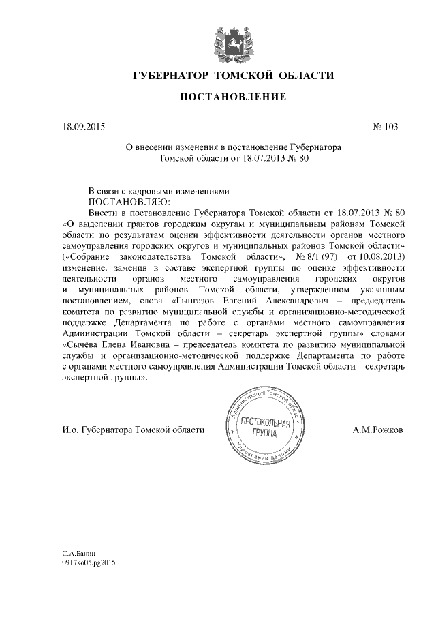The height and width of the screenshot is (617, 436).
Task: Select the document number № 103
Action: (385, 127)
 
